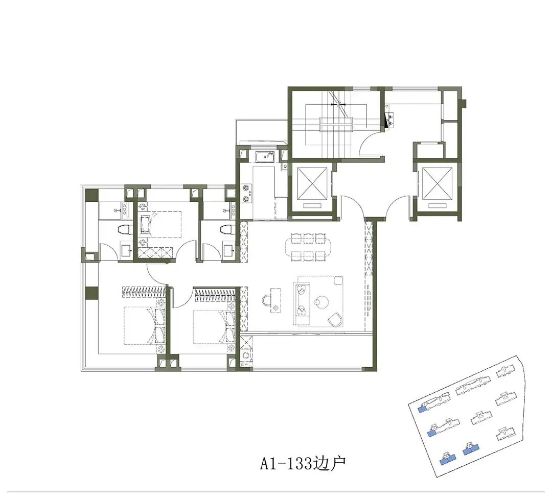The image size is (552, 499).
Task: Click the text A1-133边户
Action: pyautogui.click(x=303, y=463)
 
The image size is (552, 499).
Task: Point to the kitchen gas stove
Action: pyautogui.click(x=246, y=193)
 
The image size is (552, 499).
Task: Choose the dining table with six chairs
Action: pyautogui.click(x=307, y=248)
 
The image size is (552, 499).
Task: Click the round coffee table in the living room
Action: pyautogui.click(x=320, y=301)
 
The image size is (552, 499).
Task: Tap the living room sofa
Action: pyautogui.click(x=303, y=300)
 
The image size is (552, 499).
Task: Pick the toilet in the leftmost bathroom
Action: pyautogui.click(x=124, y=230)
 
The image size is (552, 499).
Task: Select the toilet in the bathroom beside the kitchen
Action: pyautogui.click(x=226, y=230)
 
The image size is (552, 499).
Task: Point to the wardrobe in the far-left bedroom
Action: pyautogui.click(x=144, y=292)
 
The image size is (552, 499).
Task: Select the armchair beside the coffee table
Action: pyautogui.click(x=335, y=319)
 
